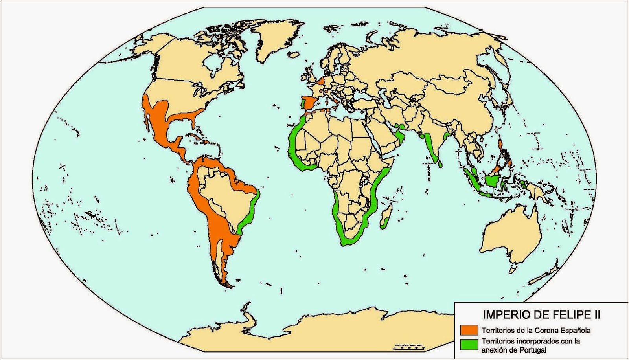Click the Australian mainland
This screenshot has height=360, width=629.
[x=511, y=236]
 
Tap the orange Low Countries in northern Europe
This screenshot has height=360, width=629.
[x=322, y=81]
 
